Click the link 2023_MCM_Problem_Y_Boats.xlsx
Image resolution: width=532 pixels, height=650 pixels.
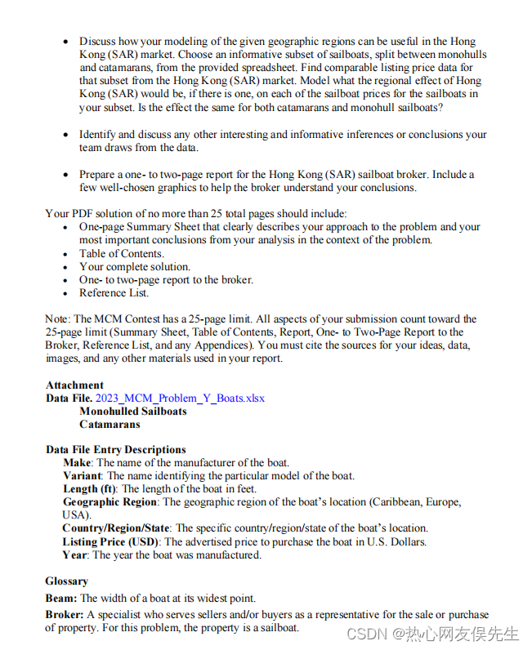[180, 398]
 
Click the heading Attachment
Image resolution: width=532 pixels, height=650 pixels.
[74, 385]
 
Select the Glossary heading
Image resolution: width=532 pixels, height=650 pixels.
[67, 581]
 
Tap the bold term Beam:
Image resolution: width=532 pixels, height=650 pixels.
[61, 598]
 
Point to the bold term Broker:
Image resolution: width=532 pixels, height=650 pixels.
[65, 615]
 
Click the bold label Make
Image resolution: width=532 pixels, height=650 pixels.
[77, 463]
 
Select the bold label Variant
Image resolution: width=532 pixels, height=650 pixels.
[83, 476]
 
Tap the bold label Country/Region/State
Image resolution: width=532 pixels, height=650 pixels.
[116, 528]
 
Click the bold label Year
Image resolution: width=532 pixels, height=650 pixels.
[75, 555]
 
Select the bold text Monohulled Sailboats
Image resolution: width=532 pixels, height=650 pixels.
[132, 412]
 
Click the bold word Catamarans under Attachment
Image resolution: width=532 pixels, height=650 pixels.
[110, 425]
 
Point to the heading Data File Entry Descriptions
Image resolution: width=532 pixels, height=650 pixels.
[115, 450]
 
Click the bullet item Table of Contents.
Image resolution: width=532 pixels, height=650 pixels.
[121, 253]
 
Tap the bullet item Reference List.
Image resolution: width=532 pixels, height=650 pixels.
[114, 292]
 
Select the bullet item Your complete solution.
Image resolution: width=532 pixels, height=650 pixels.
[134, 266]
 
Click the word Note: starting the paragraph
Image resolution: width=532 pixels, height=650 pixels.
[58, 319]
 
